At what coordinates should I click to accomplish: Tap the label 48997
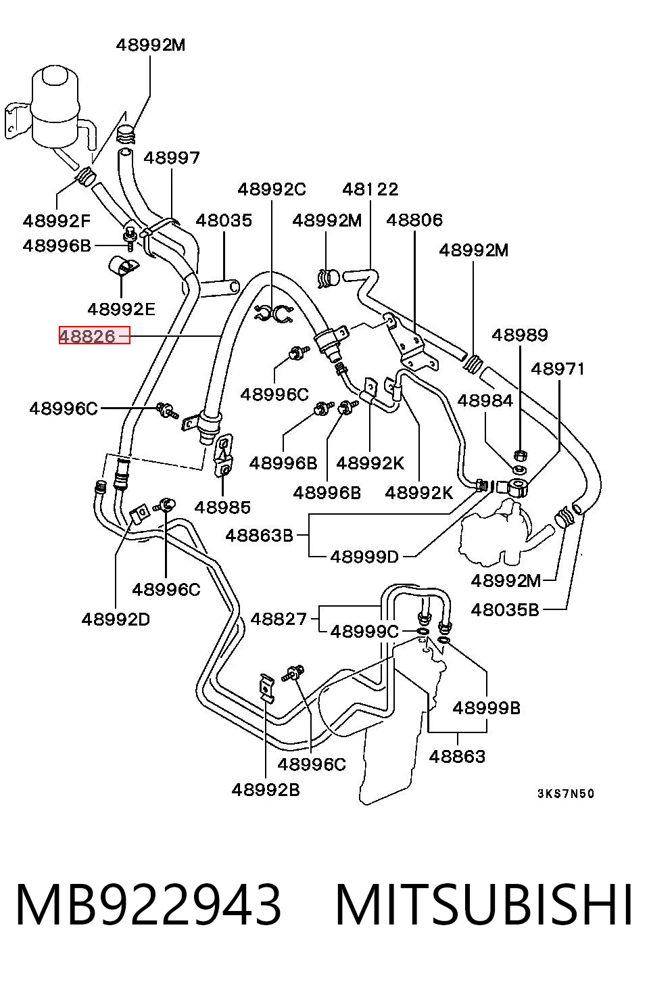click(172, 158)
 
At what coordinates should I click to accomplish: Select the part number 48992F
click(57, 220)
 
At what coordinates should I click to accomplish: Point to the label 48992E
click(122, 310)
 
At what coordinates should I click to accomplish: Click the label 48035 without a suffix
click(224, 220)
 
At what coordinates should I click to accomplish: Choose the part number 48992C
click(272, 189)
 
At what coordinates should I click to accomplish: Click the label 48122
click(370, 189)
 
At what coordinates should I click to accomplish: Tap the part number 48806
click(414, 220)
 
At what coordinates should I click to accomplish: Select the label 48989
click(520, 335)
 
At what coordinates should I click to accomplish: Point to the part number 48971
click(558, 369)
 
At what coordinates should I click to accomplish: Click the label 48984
click(485, 400)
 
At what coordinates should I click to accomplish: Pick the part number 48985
click(222, 508)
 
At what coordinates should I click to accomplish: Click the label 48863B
click(260, 536)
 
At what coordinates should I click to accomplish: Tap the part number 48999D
click(364, 557)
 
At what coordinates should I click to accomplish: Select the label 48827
click(279, 619)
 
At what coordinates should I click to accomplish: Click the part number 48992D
click(116, 619)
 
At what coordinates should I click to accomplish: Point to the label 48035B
click(505, 610)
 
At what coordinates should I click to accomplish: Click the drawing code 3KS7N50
click(566, 793)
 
